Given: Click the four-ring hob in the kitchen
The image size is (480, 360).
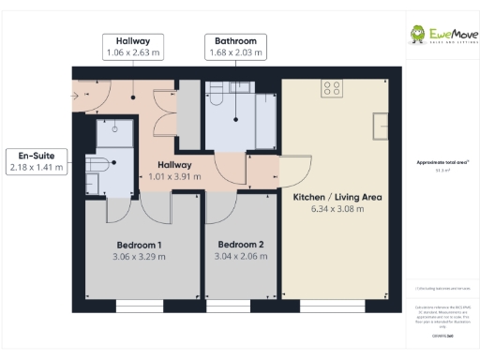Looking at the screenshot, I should pos(331,89).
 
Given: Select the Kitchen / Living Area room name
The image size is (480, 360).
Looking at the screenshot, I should pos(337,197).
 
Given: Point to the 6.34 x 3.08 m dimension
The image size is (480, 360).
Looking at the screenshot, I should pos(337,208).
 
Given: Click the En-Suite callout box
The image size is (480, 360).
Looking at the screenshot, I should pos(36,161).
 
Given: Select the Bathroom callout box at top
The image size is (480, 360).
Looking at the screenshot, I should pos(235,47).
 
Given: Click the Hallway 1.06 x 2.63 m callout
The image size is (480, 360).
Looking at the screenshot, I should pos(132,47).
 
